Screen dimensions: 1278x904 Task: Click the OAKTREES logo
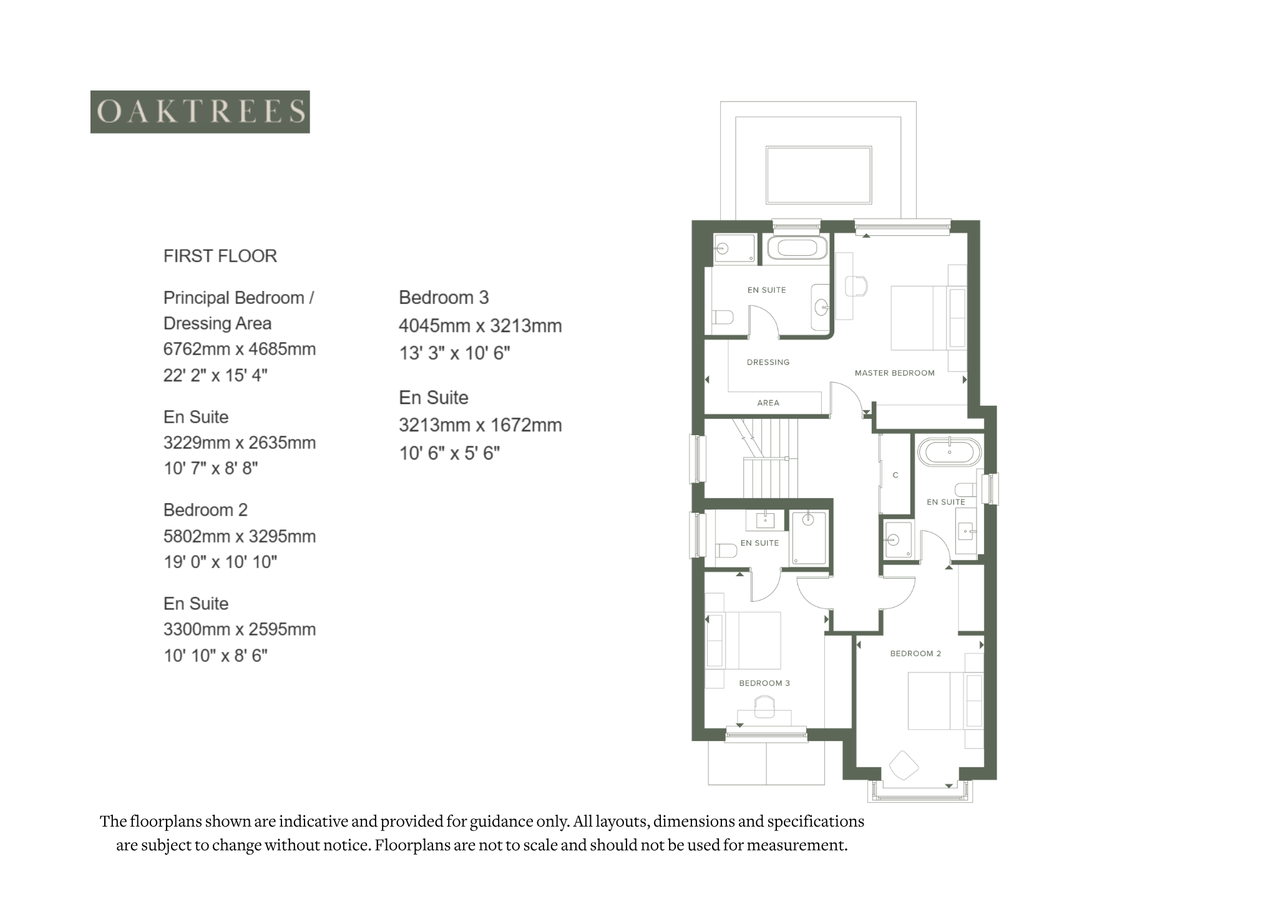point(200,112)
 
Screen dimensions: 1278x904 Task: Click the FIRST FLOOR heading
point(220,256)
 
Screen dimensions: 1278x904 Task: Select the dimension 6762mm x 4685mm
point(240,349)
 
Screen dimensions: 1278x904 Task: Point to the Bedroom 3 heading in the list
point(444,298)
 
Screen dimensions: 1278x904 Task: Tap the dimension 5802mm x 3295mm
point(240,536)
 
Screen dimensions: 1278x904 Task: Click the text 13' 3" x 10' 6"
point(455,353)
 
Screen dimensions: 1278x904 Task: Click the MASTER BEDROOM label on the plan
point(895,373)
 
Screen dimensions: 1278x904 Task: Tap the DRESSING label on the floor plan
point(768,362)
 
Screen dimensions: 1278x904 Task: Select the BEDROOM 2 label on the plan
point(915,654)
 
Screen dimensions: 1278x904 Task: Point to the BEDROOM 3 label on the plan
point(764,683)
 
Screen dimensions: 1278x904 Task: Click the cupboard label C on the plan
point(895,475)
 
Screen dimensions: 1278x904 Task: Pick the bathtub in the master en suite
point(797,248)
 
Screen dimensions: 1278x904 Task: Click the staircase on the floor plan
point(765,458)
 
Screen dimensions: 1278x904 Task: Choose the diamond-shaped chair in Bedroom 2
point(904,765)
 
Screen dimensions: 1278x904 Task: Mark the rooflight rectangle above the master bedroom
point(819,175)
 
